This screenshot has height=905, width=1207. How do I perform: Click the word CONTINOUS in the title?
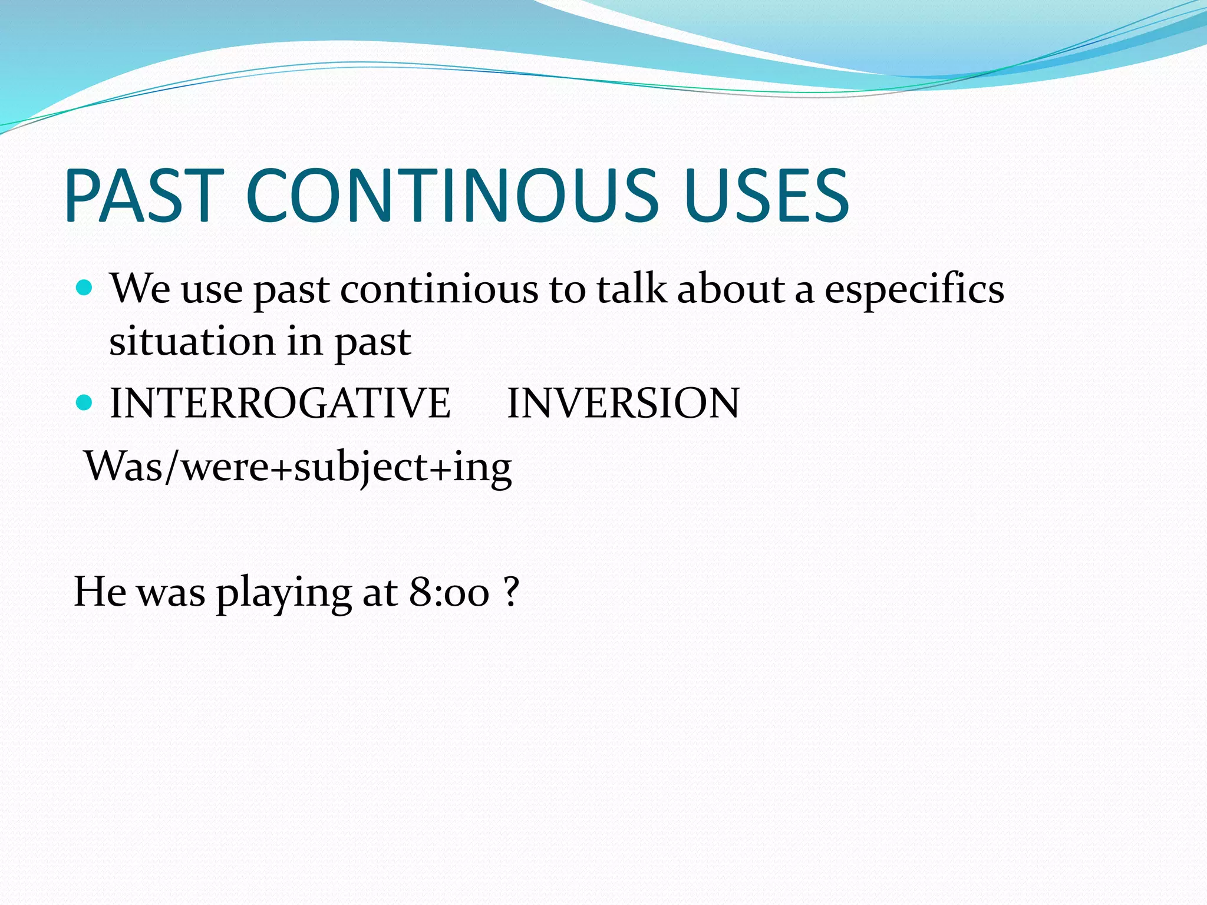[451, 196]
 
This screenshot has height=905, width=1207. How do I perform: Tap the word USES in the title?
[766, 196]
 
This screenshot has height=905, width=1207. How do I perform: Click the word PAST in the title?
[144, 196]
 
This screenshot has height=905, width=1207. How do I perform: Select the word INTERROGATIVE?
[280, 403]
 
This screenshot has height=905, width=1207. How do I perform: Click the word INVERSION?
[623, 403]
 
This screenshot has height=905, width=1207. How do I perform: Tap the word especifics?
[914, 290]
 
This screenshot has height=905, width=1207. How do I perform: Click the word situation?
[192, 342]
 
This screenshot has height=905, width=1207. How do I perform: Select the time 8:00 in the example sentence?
[449, 592]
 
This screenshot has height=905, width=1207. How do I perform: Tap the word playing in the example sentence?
[283, 593]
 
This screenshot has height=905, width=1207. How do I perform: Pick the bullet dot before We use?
[85, 288]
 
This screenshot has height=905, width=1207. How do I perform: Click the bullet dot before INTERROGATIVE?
[85, 403]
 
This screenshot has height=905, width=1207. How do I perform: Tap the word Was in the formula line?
[123, 467]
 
